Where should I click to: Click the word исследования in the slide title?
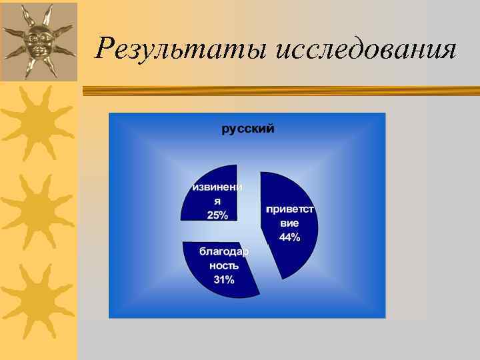366,49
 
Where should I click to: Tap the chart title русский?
247,129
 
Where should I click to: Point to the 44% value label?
289,238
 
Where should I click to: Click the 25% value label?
217,215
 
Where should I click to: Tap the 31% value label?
224,279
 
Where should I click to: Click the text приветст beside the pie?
289,209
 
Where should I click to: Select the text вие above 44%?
289,223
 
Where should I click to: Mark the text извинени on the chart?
217,187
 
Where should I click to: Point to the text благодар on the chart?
224,251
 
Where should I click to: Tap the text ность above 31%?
224,265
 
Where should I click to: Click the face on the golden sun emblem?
38,41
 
